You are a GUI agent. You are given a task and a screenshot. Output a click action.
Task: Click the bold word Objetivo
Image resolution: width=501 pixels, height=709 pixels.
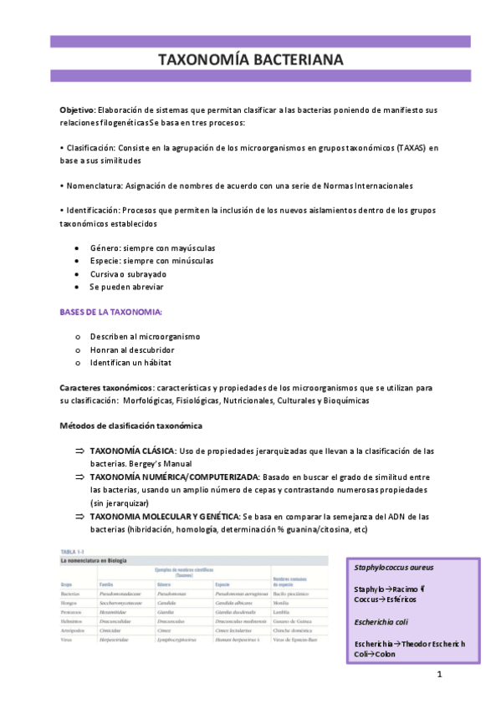tap(77, 110)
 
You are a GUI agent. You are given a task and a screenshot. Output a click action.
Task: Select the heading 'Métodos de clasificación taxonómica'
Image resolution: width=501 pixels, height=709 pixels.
tap(130, 426)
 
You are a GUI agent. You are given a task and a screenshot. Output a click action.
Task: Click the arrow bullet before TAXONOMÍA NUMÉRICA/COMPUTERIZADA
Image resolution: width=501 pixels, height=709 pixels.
tap(80, 477)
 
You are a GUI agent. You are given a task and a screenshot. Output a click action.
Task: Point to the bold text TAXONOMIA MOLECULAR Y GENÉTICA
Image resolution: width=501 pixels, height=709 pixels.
tap(164, 517)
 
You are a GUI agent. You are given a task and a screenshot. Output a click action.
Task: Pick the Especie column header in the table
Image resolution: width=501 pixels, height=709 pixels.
tap(223, 584)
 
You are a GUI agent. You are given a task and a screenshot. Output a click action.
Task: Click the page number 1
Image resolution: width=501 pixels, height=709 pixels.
tap(438, 674)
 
